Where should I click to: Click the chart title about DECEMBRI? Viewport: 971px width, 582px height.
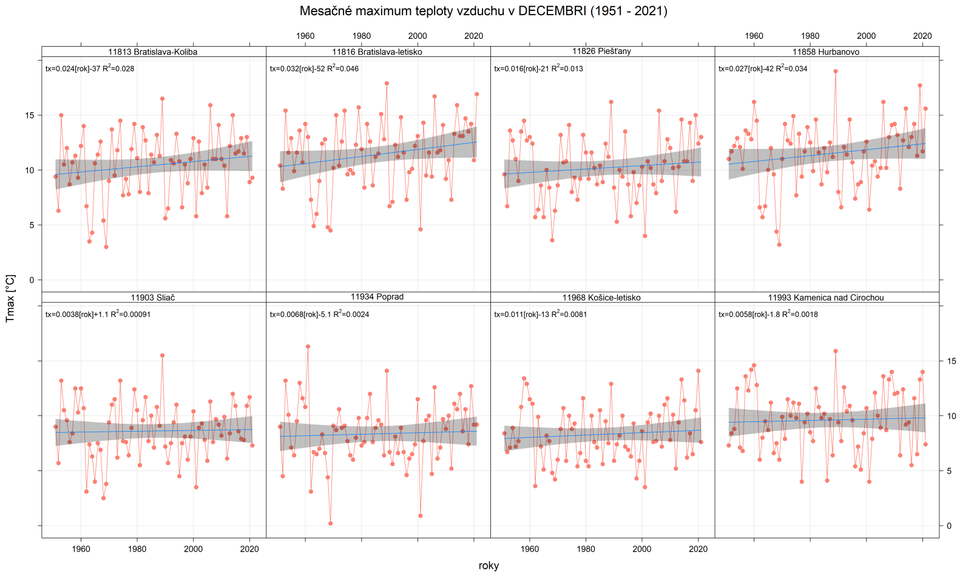coord(483,11)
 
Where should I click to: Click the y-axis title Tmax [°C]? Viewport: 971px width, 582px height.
coord(10,298)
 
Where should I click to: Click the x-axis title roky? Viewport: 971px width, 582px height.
coord(489,566)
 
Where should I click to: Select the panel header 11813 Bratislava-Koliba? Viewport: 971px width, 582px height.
coord(153,52)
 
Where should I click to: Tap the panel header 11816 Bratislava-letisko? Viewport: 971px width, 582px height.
coord(377,52)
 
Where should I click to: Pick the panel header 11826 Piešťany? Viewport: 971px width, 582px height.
coord(601,52)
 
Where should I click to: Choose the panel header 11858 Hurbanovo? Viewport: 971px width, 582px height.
coord(826,52)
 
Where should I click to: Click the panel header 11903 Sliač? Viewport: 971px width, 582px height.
coord(153,298)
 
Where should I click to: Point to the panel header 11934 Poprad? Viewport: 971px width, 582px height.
coord(377,297)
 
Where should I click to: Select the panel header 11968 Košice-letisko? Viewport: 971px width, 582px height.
coord(601,298)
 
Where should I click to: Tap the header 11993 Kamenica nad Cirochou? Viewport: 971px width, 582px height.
coord(826,298)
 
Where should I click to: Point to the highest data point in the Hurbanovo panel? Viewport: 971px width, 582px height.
coord(836,71)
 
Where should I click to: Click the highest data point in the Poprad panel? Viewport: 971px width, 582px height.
coord(308,347)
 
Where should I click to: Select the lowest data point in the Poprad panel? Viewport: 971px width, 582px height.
coord(330,523)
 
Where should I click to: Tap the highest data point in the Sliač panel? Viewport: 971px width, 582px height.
coord(162,355)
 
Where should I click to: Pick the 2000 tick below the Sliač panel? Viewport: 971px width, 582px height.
coord(193,549)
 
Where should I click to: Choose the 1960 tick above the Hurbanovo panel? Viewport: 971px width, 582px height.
coord(754,36)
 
